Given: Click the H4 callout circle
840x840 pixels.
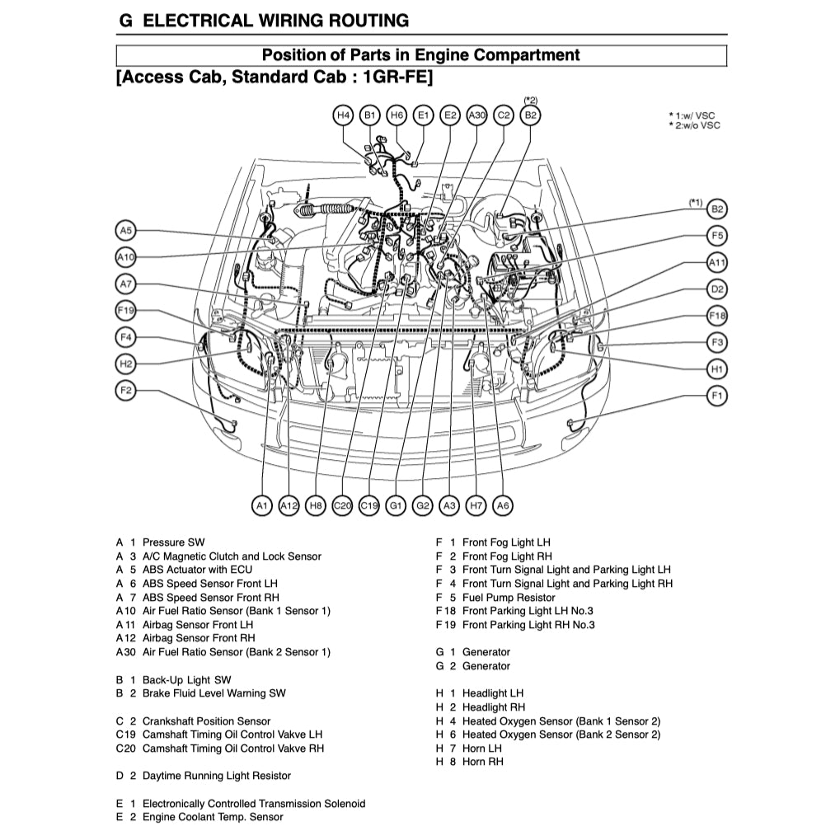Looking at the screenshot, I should pyautogui.click(x=344, y=115).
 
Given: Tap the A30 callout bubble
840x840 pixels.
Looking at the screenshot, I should pyautogui.click(x=476, y=115).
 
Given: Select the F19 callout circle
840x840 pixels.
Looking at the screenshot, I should pyautogui.click(x=125, y=311).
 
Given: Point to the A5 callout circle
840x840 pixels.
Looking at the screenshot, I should pyautogui.click(x=125, y=231).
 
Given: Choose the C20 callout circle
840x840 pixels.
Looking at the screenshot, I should pyautogui.click(x=342, y=504).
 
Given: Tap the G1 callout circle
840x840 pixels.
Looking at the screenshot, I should pyautogui.click(x=396, y=504).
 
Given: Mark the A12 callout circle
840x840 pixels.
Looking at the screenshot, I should pyautogui.click(x=289, y=504).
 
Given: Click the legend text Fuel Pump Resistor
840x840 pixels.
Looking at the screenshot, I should pyautogui.click(x=508, y=598).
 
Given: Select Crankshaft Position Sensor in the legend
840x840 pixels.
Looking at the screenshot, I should pyautogui.click(x=206, y=721).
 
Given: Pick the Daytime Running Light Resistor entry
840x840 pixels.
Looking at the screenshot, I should pyautogui.click(x=216, y=776).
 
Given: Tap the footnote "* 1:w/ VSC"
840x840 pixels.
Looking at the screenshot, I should pyautogui.click(x=693, y=115).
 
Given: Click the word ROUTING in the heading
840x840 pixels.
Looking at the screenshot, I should pyautogui.click(x=358, y=21).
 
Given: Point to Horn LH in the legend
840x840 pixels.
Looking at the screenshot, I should pyautogui.click(x=481, y=748).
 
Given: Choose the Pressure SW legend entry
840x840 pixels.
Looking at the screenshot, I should pyautogui.click(x=173, y=542).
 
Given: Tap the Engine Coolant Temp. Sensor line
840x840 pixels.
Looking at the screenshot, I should pyautogui.click(x=212, y=817).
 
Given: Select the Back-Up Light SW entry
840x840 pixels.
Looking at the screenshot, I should pyautogui.click(x=186, y=680).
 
